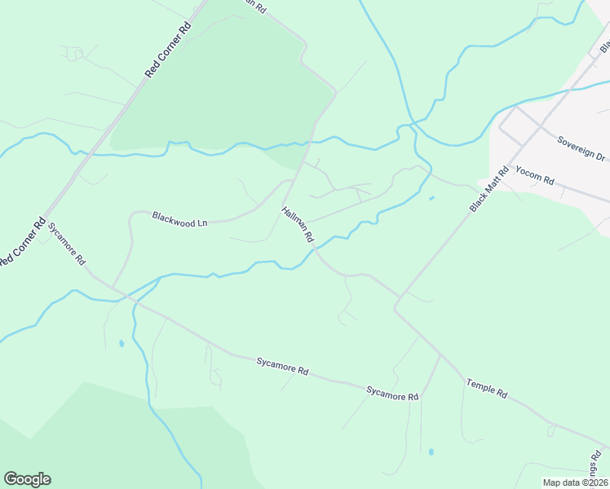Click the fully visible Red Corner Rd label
[x=168, y=49]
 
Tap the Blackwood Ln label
[x=180, y=218]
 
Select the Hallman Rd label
[x=298, y=225]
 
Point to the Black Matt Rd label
[x=489, y=189]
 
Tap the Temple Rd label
[x=487, y=388]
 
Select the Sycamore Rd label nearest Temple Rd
[x=392, y=393]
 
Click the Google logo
[x=27, y=479]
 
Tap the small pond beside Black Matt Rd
[x=431, y=197]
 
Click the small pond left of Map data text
[x=430, y=452]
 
